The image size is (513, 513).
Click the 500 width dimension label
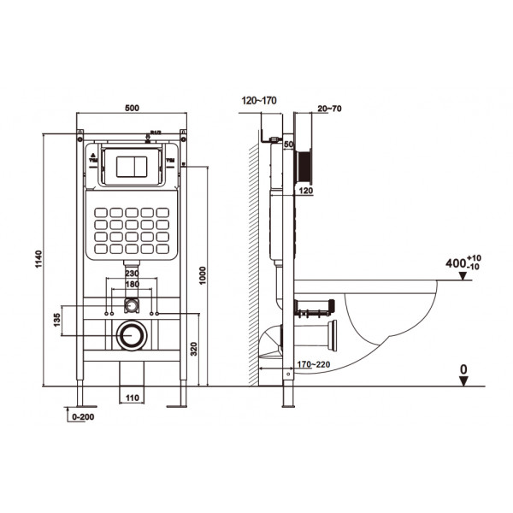(132, 109)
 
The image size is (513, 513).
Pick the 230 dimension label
(132, 274)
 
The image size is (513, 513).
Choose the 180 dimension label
(132, 284)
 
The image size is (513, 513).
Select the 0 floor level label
(463, 369)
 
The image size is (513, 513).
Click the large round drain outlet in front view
(132, 335)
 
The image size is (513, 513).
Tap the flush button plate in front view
(132, 166)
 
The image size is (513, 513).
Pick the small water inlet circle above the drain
(132, 304)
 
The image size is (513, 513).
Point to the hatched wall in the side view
(251, 256)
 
